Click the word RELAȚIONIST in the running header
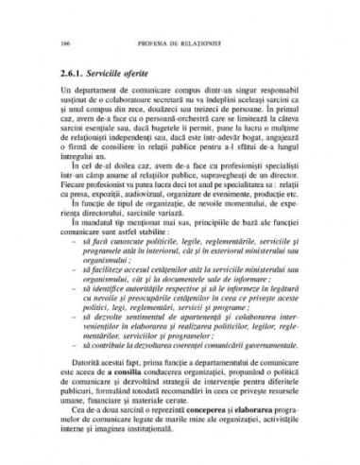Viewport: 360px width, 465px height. [x=190, y=45]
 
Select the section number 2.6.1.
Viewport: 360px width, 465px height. [x=71, y=72]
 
